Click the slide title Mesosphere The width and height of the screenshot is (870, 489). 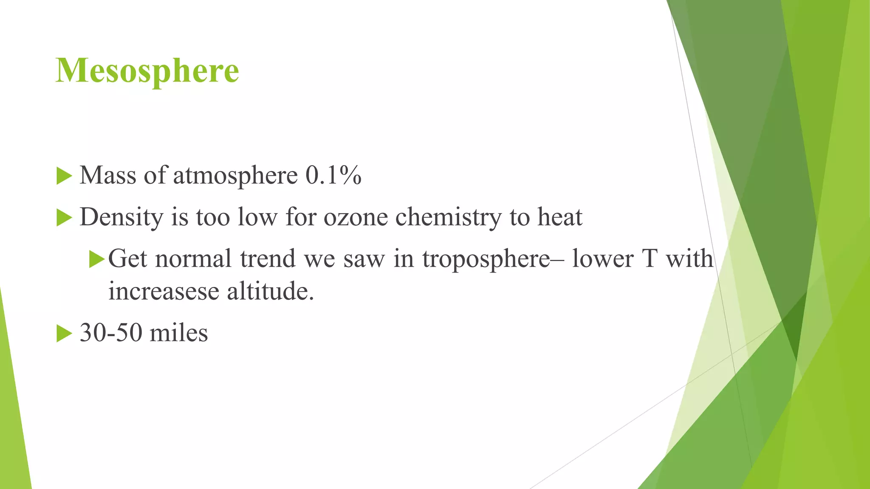tap(147, 70)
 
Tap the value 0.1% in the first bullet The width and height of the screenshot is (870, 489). tap(333, 175)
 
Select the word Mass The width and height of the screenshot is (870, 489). tap(108, 175)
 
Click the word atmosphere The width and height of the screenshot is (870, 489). tap(235, 175)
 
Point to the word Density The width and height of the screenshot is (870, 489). tap(121, 217)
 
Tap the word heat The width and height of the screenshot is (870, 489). tap(560, 217)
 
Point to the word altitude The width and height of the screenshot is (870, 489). tap(271, 292)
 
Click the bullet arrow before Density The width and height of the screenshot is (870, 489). tap(64, 218)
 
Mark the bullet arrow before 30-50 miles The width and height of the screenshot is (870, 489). tap(64, 334)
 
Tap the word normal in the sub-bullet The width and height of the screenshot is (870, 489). tap(193, 259)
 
